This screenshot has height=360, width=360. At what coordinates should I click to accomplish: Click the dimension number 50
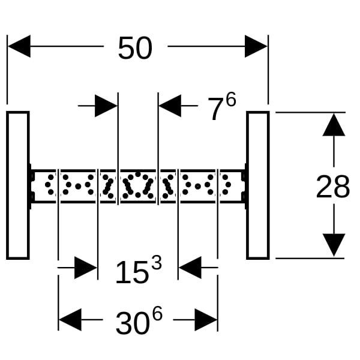point(135,48)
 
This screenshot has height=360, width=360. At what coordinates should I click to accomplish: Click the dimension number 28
point(332,188)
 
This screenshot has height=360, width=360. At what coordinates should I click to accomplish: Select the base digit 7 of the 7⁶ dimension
point(215,110)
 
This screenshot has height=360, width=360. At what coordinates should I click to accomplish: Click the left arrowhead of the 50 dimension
point(19,46)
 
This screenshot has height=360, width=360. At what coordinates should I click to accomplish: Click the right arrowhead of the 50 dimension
point(256,46)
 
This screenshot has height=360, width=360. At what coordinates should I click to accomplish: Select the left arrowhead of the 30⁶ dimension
point(70,320)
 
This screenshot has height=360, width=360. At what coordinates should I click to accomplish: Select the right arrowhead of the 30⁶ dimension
point(206,320)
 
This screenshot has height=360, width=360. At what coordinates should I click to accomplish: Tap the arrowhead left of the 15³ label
point(86,268)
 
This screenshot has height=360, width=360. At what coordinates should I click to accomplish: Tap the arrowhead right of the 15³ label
point(190,268)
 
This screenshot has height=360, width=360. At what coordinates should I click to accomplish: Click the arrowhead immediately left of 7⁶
point(170,106)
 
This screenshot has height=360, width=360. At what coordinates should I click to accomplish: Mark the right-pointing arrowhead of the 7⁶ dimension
point(106,106)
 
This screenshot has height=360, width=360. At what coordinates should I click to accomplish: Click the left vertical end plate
point(18,185)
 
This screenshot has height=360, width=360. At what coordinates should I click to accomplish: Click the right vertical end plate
point(257,185)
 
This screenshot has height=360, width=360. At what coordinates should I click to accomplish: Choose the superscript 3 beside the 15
point(156,263)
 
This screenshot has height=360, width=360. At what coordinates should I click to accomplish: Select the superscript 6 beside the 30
point(157,314)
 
